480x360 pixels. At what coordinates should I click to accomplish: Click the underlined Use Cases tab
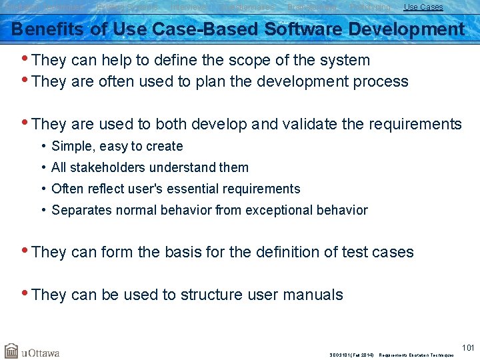423,7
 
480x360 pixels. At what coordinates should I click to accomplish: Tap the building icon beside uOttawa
11,351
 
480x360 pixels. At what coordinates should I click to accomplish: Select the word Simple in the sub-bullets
71,146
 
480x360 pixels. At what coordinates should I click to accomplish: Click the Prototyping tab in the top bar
370,7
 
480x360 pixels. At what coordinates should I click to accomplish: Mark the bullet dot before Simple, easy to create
43,146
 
